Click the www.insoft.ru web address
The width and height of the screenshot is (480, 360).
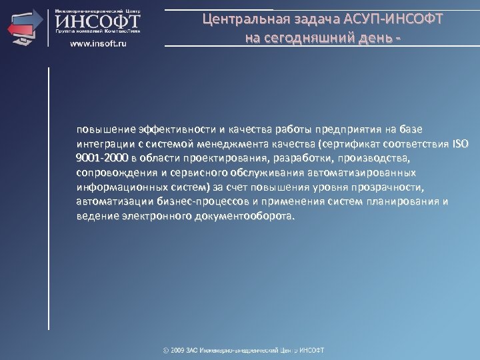(x=99, y=43)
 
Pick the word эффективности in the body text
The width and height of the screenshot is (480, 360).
(x=175, y=128)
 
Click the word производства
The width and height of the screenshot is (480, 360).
(x=367, y=158)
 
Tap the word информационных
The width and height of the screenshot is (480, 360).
(x=115, y=187)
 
